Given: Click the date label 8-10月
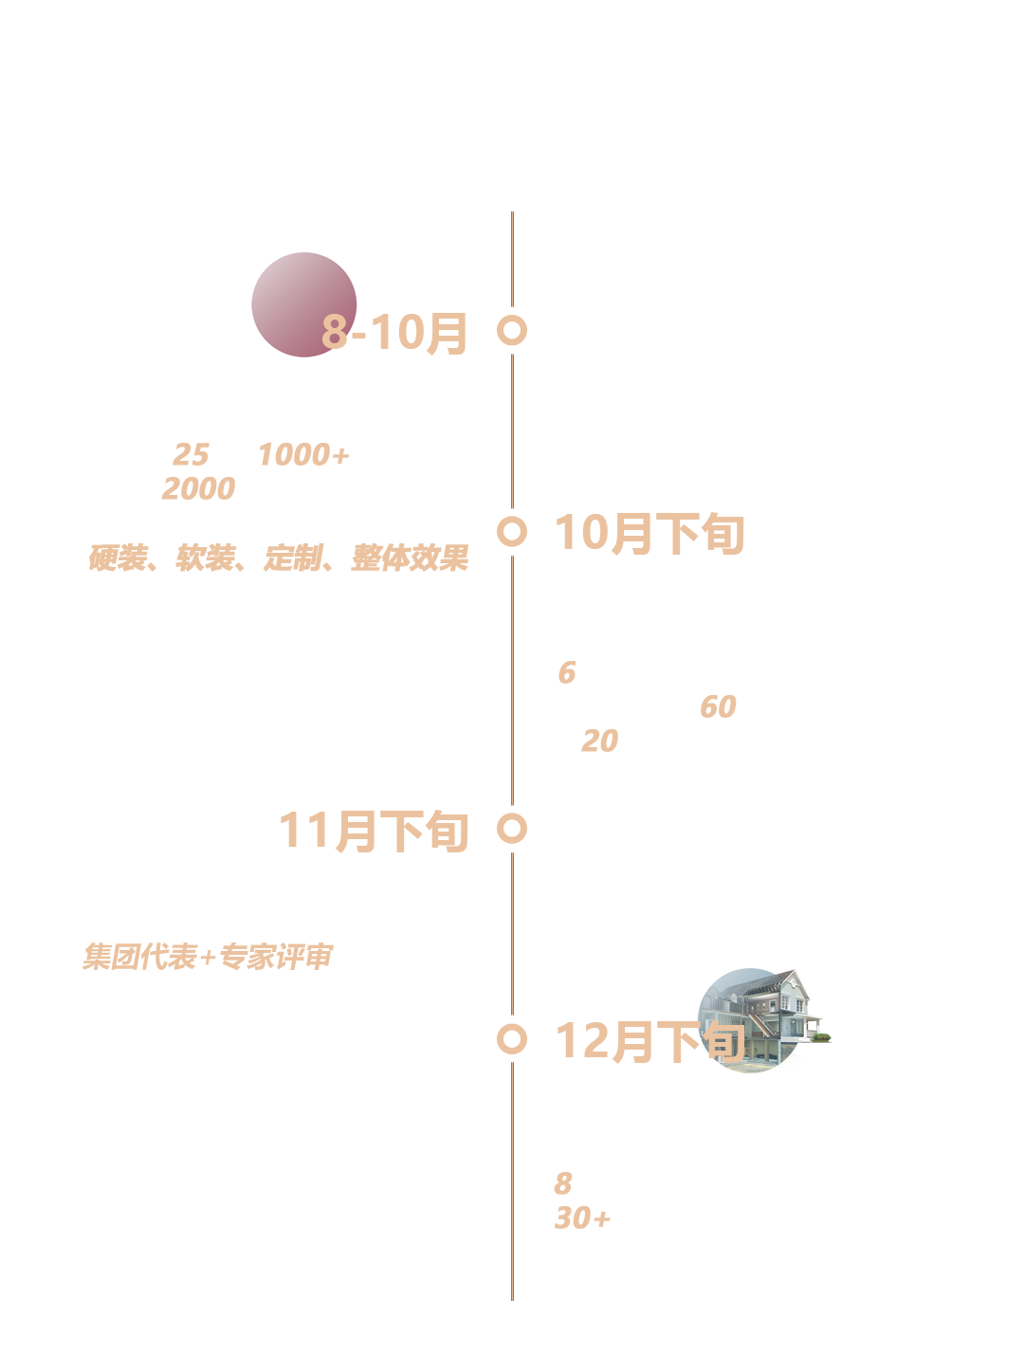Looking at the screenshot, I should [394, 333].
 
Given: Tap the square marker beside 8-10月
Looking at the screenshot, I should [512, 331].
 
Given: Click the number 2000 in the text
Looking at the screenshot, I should [198, 489].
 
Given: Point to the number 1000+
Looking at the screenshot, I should [303, 455].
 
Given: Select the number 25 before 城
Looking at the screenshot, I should [190, 455].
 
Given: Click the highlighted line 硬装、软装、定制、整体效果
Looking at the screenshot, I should [280, 558].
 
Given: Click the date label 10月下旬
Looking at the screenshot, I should [650, 534].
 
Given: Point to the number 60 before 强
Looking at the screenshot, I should [718, 707].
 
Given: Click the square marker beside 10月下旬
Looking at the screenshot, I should [512, 532].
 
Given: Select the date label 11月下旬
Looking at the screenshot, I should [375, 832].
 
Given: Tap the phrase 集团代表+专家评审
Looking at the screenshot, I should [208, 957].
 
